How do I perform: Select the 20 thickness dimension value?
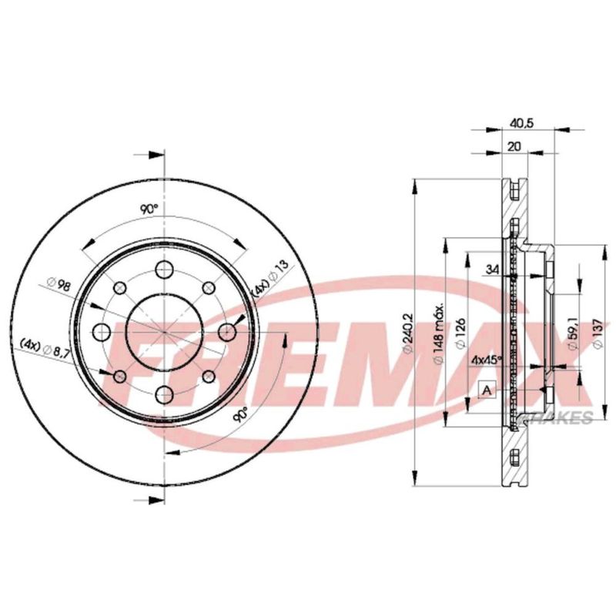point(514,146)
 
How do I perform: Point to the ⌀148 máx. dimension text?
point(438,333)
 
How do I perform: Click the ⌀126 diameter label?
point(460,333)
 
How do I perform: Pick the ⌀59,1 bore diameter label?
point(573,333)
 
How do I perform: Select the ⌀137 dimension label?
point(598,333)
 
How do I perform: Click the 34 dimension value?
point(493,269)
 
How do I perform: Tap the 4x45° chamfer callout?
point(487,359)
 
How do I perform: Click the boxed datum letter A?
point(487,390)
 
